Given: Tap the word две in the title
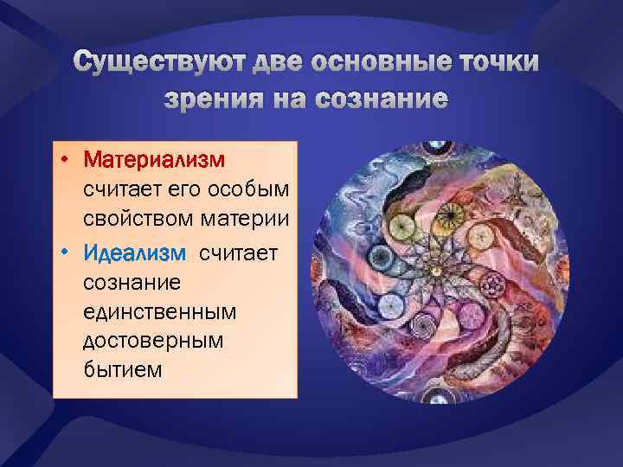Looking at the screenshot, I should pyautogui.click(x=268, y=63).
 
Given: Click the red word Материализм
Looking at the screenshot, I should pyautogui.click(x=154, y=161).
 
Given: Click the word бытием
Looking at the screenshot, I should pyautogui.click(x=122, y=370).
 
